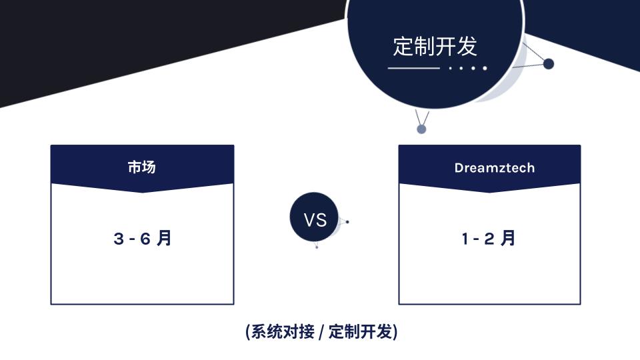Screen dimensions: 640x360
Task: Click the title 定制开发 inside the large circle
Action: pos(435,46)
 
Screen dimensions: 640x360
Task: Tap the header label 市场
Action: pos(141,167)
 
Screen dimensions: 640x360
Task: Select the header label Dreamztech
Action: pos(494,168)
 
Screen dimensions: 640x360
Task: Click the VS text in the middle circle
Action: pos(315,221)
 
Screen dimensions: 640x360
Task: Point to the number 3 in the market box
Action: pos(119,239)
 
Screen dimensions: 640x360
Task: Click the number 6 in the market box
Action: pos(145,239)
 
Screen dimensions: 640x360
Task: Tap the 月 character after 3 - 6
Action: pos(164,238)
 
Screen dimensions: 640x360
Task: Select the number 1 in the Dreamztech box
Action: pos(465,239)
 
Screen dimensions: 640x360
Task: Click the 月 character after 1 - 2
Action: pos(508,238)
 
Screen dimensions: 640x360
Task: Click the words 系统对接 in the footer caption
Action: pos(283,331)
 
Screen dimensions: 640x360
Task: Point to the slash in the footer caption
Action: pos(321,332)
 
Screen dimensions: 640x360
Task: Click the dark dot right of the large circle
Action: pos(549,64)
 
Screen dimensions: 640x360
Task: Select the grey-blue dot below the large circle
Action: pos(421,129)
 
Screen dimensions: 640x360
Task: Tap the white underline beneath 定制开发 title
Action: pos(413,68)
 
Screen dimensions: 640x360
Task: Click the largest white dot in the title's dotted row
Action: pos(485,68)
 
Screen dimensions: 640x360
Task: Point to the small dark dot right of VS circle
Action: pos(347,222)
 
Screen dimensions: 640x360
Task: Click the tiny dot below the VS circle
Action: pos(317,247)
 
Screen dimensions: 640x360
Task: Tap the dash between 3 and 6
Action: pos(132,239)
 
